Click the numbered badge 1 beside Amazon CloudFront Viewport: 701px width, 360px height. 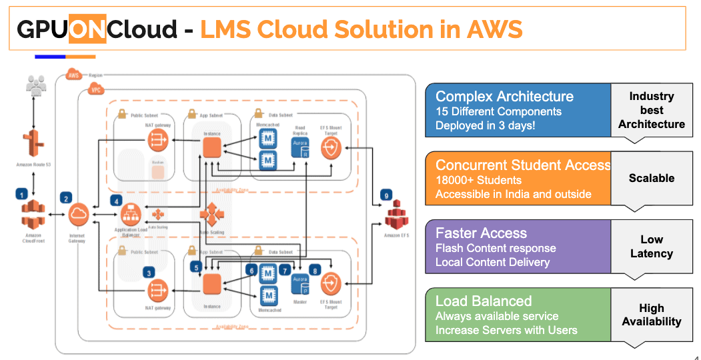22,194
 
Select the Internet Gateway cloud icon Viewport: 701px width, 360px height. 78,215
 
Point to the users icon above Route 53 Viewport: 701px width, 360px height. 35,85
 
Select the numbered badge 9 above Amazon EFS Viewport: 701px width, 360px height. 386,195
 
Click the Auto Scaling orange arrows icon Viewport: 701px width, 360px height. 212,215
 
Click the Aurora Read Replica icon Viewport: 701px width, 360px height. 299,149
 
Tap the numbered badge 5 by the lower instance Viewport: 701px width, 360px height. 196,267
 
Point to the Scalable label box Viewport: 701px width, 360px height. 651,178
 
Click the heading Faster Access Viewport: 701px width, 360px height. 481,233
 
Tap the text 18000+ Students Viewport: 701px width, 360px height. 478,180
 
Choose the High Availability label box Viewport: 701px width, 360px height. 651,315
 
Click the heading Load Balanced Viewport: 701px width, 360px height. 484,301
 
